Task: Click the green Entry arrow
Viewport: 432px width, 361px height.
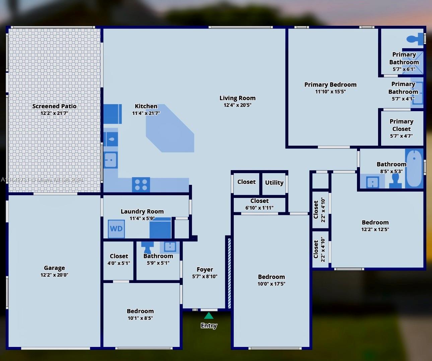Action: point(209,316)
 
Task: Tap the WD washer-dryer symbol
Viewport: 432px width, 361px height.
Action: point(116,229)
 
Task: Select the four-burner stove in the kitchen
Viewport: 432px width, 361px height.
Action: point(141,185)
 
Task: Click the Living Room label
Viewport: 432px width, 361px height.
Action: point(237,98)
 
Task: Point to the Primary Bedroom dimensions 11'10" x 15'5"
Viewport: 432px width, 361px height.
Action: point(331,91)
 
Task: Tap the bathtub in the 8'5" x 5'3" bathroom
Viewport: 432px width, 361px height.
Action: point(414,168)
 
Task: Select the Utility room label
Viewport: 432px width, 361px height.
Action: point(274,183)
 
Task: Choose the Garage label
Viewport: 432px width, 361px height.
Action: point(54,268)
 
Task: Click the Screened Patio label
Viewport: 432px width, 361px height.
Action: point(54,106)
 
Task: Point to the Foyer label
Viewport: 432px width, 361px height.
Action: point(205,269)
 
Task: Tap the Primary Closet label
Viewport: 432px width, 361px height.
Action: point(402,125)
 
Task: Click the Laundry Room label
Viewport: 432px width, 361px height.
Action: point(142,211)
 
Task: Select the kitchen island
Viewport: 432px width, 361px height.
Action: point(170,128)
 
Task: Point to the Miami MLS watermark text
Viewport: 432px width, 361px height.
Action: point(42,180)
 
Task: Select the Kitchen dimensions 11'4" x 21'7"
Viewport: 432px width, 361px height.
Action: point(146,113)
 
